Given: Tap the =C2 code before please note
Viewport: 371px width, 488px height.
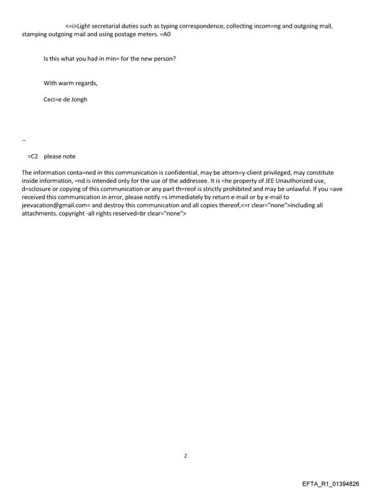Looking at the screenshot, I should point(33,156).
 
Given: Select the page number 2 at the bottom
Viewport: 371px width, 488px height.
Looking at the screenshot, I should point(185,456).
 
